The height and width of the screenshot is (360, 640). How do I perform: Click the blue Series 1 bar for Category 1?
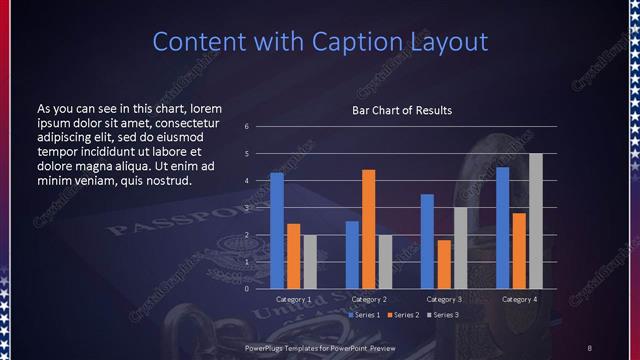(277, 230)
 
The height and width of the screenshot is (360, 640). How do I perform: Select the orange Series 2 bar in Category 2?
(368, 228)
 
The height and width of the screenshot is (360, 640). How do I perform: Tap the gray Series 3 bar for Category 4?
(535, 220)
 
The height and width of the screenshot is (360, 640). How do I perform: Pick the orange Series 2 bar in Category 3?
(443, 264)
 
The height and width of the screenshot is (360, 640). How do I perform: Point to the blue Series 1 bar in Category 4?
(502, 227)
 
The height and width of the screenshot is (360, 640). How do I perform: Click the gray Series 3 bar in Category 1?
(309, 261)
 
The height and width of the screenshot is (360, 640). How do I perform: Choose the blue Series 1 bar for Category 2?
(352, 254)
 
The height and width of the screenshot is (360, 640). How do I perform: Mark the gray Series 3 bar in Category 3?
(459, 247)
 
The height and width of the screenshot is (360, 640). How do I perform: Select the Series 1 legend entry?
(363, 315)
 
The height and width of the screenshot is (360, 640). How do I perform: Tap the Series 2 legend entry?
(403, 315)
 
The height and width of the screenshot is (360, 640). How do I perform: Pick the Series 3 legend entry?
(443, 315)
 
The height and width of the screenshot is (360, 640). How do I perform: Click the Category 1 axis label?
(293, 299)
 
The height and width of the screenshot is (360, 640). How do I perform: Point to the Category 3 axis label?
(443, 299)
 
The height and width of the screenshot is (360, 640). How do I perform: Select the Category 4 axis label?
(518, 299)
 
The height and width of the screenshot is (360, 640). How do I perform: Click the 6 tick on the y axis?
(246, 127)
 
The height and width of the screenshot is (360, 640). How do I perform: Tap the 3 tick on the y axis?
(246, 208)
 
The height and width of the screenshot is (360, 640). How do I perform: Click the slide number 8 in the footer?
(589, 347)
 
